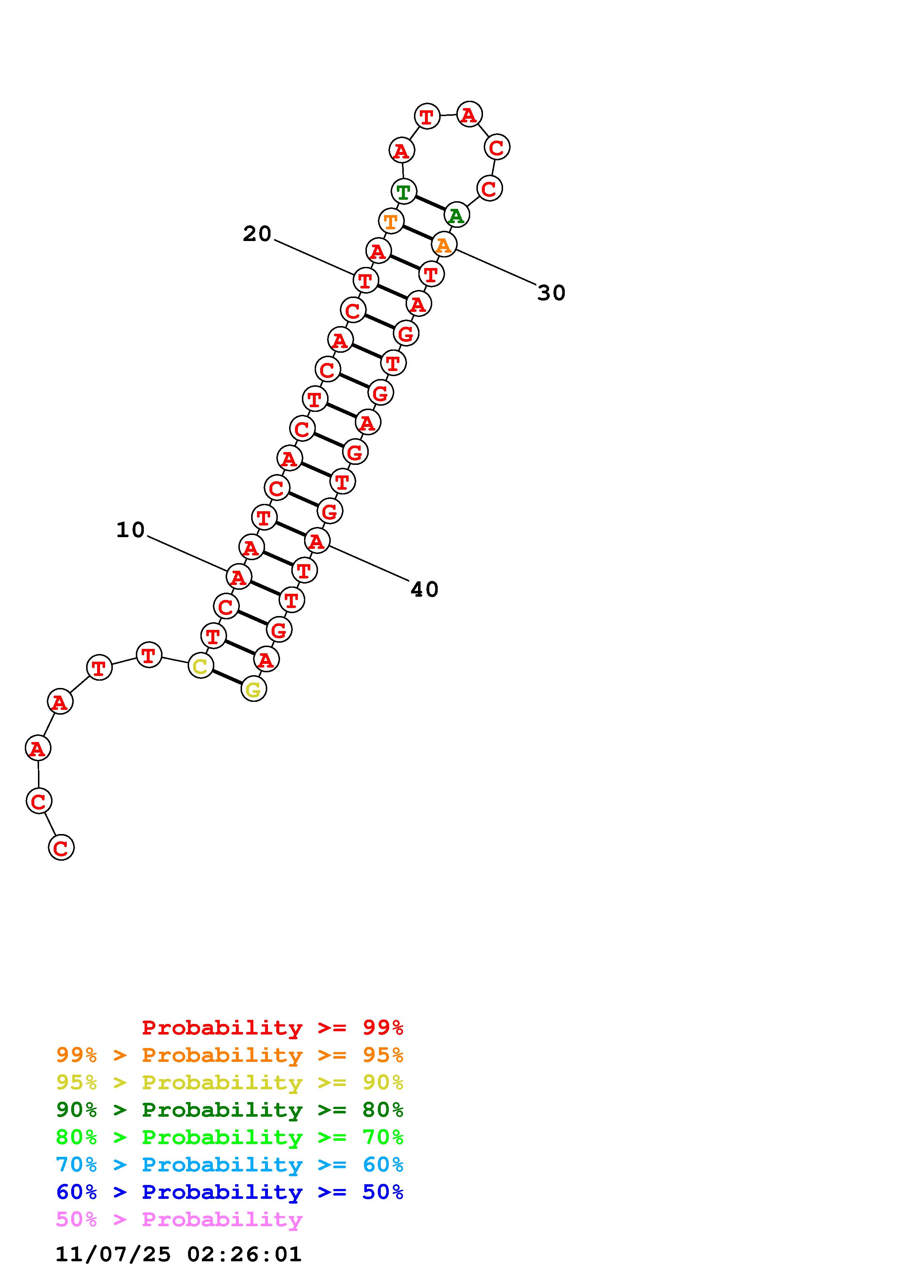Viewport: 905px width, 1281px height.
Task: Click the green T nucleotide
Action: click(403, 191)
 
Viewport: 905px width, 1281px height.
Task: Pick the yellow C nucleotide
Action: click(200, 666)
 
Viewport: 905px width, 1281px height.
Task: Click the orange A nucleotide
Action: click(443, 244)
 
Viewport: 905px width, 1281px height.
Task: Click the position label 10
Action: click(130, 529)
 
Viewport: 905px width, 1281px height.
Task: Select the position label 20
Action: click(257, 234)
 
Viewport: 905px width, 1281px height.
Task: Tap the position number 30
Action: click(551, 293)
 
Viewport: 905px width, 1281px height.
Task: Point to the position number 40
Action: click(424, 589)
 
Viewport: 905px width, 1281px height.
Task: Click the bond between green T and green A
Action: click(429, 203)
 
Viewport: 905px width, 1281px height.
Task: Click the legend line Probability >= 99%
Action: click(272, 1027)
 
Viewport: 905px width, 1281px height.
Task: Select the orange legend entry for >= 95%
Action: click(230, 1055)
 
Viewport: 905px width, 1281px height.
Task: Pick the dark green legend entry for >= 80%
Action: click(230, 1110)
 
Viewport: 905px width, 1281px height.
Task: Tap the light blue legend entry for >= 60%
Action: click(230, 1165)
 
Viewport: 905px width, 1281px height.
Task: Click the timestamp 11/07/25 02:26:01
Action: click(179, 1254)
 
